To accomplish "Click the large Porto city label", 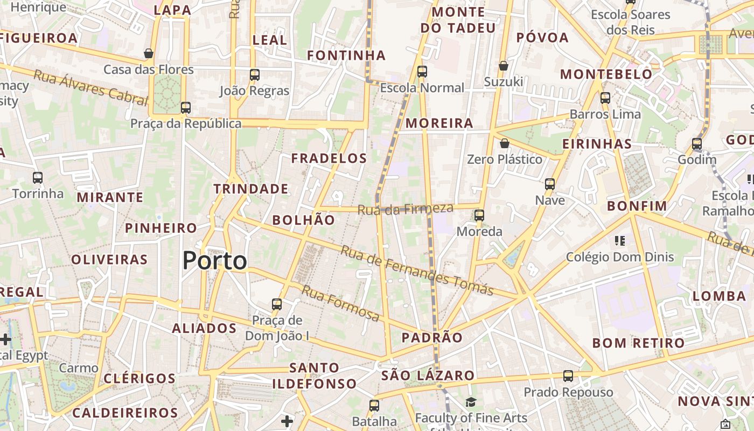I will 214,261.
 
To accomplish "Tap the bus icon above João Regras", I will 255,75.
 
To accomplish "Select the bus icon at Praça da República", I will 186,107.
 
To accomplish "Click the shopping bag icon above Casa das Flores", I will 149,53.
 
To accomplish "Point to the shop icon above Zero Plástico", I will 505,143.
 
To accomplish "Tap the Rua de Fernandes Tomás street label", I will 417,271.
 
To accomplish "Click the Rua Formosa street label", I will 340,303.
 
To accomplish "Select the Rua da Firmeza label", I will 405,208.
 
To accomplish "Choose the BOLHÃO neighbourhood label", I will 303,220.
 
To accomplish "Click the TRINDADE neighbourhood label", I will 251,189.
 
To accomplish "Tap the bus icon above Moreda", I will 479,215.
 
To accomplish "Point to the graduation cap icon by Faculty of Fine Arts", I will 471,402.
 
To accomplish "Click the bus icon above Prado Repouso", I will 568,376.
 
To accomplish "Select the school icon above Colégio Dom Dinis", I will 619,240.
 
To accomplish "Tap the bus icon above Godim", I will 697,144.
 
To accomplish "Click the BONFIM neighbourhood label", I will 637,206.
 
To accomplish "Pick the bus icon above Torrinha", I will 38,177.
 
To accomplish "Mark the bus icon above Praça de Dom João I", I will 277,304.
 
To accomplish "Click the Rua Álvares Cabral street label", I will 90,87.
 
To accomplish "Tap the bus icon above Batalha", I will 374,405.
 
